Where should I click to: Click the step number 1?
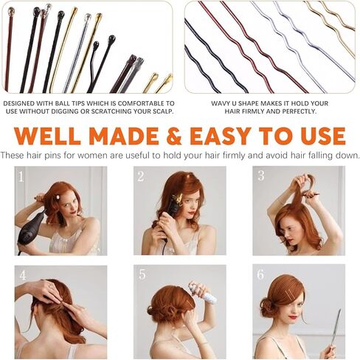(21, 176)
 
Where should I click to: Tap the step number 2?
(140, 176)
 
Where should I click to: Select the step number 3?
(260, 176)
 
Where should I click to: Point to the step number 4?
(23, 275)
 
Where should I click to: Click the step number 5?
(142, 274)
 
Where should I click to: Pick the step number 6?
(260, 274)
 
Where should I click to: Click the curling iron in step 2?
(173, 207)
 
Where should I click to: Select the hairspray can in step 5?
(204, 294)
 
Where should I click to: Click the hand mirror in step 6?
(336, 325)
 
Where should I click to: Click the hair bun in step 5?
(162, 302)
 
